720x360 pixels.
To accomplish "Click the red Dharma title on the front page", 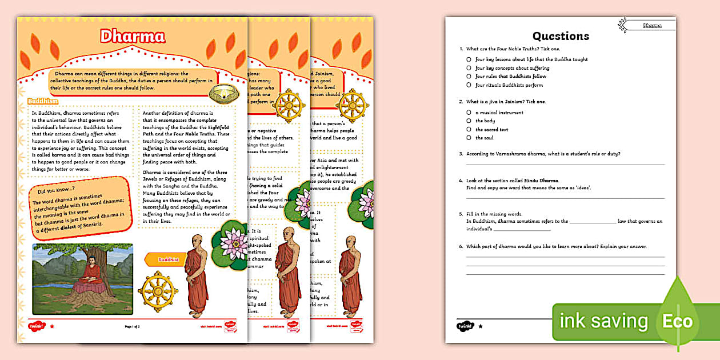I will point(133,37).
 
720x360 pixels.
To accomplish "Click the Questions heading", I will point(560,36).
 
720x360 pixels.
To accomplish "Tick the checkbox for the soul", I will point(469,138).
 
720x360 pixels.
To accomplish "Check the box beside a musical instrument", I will point(469,113).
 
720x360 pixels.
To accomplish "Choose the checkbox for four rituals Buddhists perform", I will point(469,85).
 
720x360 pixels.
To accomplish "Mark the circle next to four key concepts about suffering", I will point(469,68).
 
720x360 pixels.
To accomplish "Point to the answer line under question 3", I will point(565,165).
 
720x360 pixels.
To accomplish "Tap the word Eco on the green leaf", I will point(677,321).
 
